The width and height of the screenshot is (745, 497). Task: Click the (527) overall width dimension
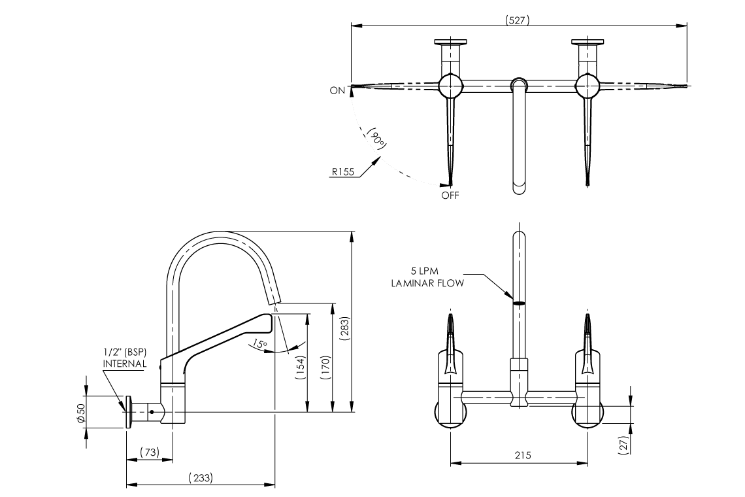[518, 20]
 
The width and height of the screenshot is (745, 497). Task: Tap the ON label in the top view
[337, 91]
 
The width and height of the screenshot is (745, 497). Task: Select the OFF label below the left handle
[450, 195]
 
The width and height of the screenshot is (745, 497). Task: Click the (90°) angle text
[376, 138]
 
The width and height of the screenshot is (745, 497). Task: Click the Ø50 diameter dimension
[81, 412]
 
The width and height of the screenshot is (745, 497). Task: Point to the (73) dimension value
[150, 453]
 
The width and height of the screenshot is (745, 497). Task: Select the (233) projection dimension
[200, 478]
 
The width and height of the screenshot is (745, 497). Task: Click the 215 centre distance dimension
[521, 455]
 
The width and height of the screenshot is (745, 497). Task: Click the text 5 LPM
[425, 270]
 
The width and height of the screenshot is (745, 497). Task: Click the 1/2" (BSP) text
[124, 352]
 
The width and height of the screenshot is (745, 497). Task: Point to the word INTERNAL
[124, 364]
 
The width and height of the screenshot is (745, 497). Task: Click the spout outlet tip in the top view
[518, 188]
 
